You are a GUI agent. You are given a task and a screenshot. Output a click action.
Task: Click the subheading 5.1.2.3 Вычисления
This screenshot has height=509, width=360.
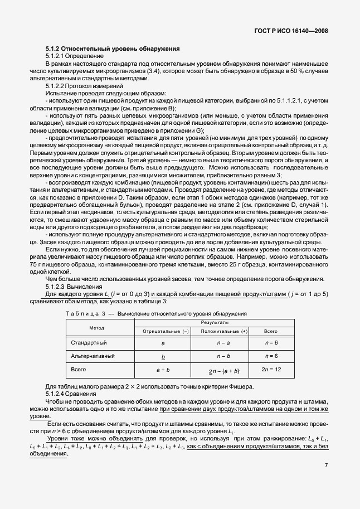coord(71,287)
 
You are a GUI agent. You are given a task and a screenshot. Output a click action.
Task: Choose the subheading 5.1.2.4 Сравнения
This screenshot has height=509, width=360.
coord(70,394)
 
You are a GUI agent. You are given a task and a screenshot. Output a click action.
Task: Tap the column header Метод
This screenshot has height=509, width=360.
coord(97,327)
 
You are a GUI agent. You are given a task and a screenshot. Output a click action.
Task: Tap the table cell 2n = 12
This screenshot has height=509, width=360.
coord(270,370)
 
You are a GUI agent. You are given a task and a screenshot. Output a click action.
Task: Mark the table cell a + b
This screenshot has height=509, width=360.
coord(163,370)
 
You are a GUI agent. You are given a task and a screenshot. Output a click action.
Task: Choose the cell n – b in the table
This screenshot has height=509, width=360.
coord(223,356)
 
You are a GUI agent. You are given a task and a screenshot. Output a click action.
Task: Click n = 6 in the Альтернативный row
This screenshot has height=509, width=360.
coord(270,356)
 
